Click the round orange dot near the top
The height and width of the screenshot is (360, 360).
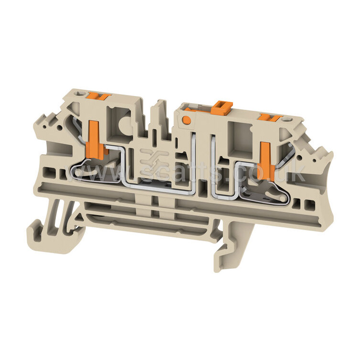point(186,119)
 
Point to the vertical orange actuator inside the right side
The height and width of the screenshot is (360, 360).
point(267,161)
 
